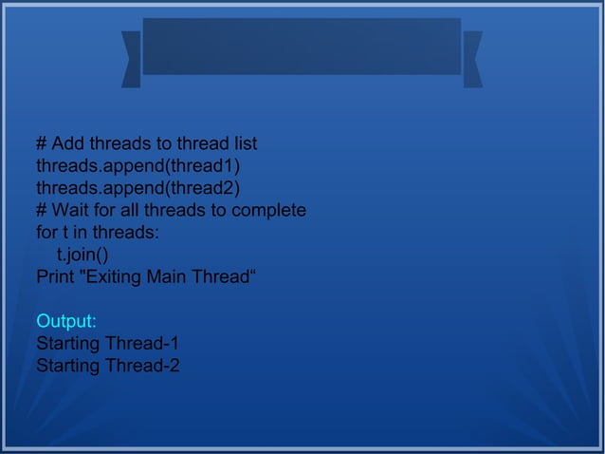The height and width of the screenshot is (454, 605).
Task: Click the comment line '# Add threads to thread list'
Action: click(x=146, y=144)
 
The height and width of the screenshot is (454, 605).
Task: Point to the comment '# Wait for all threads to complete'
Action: click(x=171, y=210)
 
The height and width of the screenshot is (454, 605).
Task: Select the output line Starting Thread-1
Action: click(x=108, y=343)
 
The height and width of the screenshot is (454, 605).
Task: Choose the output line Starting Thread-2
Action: click(x=108, y=366)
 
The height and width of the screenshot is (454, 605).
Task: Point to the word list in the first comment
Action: click(x=244, y=144)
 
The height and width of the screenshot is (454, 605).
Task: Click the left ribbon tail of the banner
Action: click(x=131, y=59)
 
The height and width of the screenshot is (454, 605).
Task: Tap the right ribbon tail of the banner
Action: click(x=472, y=59)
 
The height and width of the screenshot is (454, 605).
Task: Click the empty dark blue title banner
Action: click(x=302, y=46)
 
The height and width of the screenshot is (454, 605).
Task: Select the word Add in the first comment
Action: click(x=67, y=144)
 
